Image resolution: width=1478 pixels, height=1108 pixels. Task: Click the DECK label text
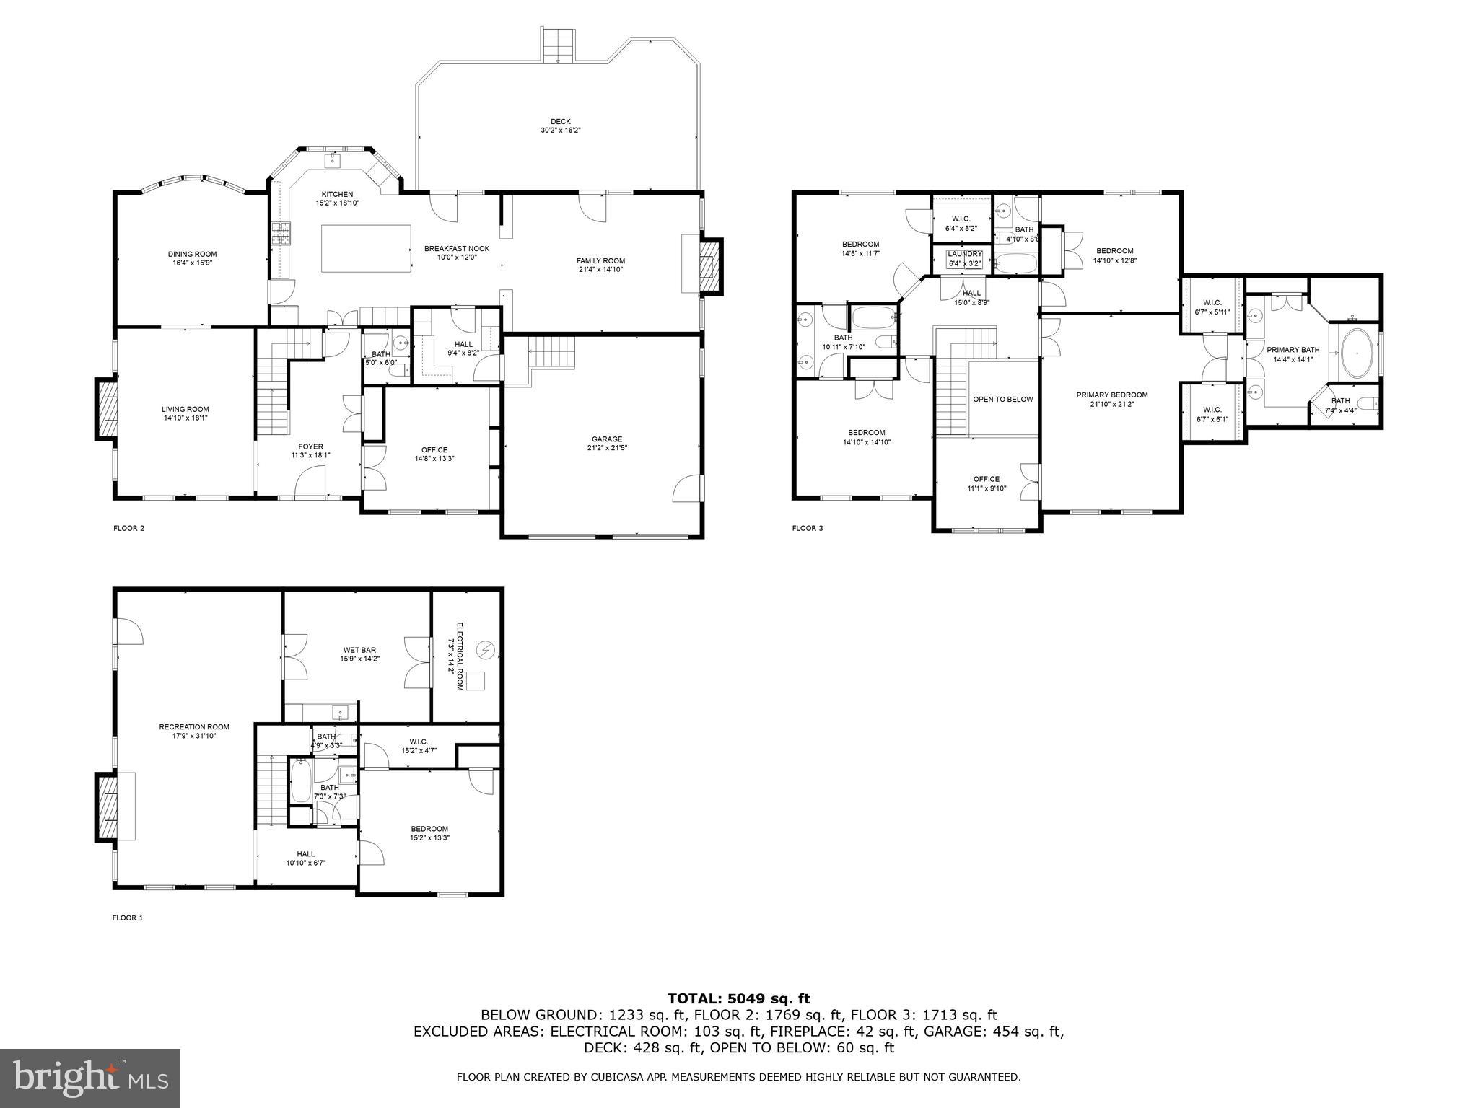[561, 122]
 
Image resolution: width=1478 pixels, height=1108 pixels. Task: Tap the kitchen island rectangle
[366, 248]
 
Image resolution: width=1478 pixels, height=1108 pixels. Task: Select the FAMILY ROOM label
[600, 261]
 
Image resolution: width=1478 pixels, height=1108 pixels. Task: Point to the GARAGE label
[606, 439]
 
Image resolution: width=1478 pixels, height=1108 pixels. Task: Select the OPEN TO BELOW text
[1002, 399]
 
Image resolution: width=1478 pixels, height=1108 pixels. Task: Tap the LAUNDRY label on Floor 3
[965, 254]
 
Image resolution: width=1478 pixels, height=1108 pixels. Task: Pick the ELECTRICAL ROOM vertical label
[455, 656]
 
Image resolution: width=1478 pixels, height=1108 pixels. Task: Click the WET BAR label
[359, 651]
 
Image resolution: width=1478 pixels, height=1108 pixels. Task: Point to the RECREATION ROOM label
[194, 727]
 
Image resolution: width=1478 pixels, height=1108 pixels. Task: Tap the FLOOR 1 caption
[128, 918]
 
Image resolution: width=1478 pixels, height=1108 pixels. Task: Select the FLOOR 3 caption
[808, 529]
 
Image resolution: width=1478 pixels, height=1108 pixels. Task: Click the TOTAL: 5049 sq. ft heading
[738, 999]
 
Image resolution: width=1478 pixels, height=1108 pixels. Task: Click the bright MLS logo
[89, 1078]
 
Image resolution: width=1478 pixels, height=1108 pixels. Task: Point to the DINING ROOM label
[192, 254]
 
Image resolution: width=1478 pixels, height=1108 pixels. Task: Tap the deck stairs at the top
[560, 45]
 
